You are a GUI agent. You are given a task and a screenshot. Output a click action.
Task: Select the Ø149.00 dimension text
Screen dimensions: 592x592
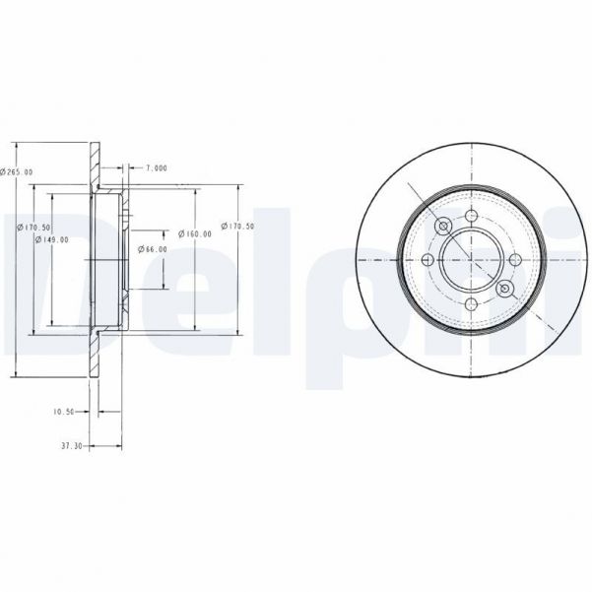coord(51,239)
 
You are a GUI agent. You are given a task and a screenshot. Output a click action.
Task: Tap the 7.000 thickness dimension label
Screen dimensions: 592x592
coord(156,167)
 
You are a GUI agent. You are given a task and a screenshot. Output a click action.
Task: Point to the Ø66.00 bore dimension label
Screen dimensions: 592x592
coord(153,249)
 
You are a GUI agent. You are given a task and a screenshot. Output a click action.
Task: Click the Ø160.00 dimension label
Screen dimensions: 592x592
coord(195,233)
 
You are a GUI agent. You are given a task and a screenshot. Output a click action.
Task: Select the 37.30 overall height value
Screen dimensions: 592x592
coord(70,446)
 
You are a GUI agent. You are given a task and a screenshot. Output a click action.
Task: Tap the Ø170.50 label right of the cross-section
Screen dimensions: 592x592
coord(238,226)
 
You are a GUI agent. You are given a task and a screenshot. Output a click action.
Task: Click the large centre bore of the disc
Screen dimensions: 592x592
coord(471,260)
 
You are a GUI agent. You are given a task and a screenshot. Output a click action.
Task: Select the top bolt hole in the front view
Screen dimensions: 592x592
coord(471,216)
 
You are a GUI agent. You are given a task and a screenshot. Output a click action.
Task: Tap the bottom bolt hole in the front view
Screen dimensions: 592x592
coord(471,304)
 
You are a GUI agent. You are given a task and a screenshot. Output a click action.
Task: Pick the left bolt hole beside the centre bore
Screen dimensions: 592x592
coord(427,260)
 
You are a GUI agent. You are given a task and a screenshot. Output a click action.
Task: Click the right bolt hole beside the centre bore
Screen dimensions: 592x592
coord(515,260)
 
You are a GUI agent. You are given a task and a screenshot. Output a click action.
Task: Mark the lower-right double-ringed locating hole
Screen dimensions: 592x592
coord(504,290)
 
